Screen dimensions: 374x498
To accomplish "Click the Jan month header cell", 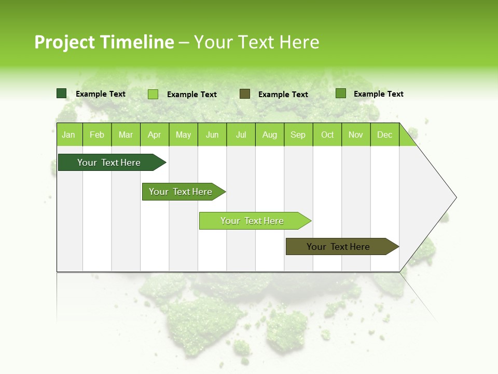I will (69, 135).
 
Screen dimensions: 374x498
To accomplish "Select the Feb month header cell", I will (97, 135).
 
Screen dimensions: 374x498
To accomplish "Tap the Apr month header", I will (155, 135).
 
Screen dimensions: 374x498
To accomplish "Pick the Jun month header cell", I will (212, 135).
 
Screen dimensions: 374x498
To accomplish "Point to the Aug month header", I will (270, 135).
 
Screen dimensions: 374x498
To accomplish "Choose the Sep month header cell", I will (298, 135).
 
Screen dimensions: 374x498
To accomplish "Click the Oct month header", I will (327, 135).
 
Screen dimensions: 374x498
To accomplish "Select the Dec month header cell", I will (385, 135).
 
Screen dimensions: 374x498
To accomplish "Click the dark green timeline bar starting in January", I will (109, 163).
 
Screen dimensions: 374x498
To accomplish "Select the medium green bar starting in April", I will (181, 192).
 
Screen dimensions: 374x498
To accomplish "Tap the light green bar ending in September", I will (252, 221).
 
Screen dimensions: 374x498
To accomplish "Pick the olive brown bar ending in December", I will (338, 247).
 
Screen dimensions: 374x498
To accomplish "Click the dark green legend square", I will (62, 94).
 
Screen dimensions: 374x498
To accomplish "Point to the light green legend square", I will (153, 94).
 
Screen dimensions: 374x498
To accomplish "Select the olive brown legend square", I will (245, 94).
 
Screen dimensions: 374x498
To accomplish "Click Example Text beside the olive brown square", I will (283, 95).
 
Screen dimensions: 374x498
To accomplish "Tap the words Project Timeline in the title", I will (104, 42).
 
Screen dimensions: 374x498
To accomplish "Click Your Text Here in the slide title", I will (256, 42).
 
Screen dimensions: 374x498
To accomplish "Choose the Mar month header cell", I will (126, 135).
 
